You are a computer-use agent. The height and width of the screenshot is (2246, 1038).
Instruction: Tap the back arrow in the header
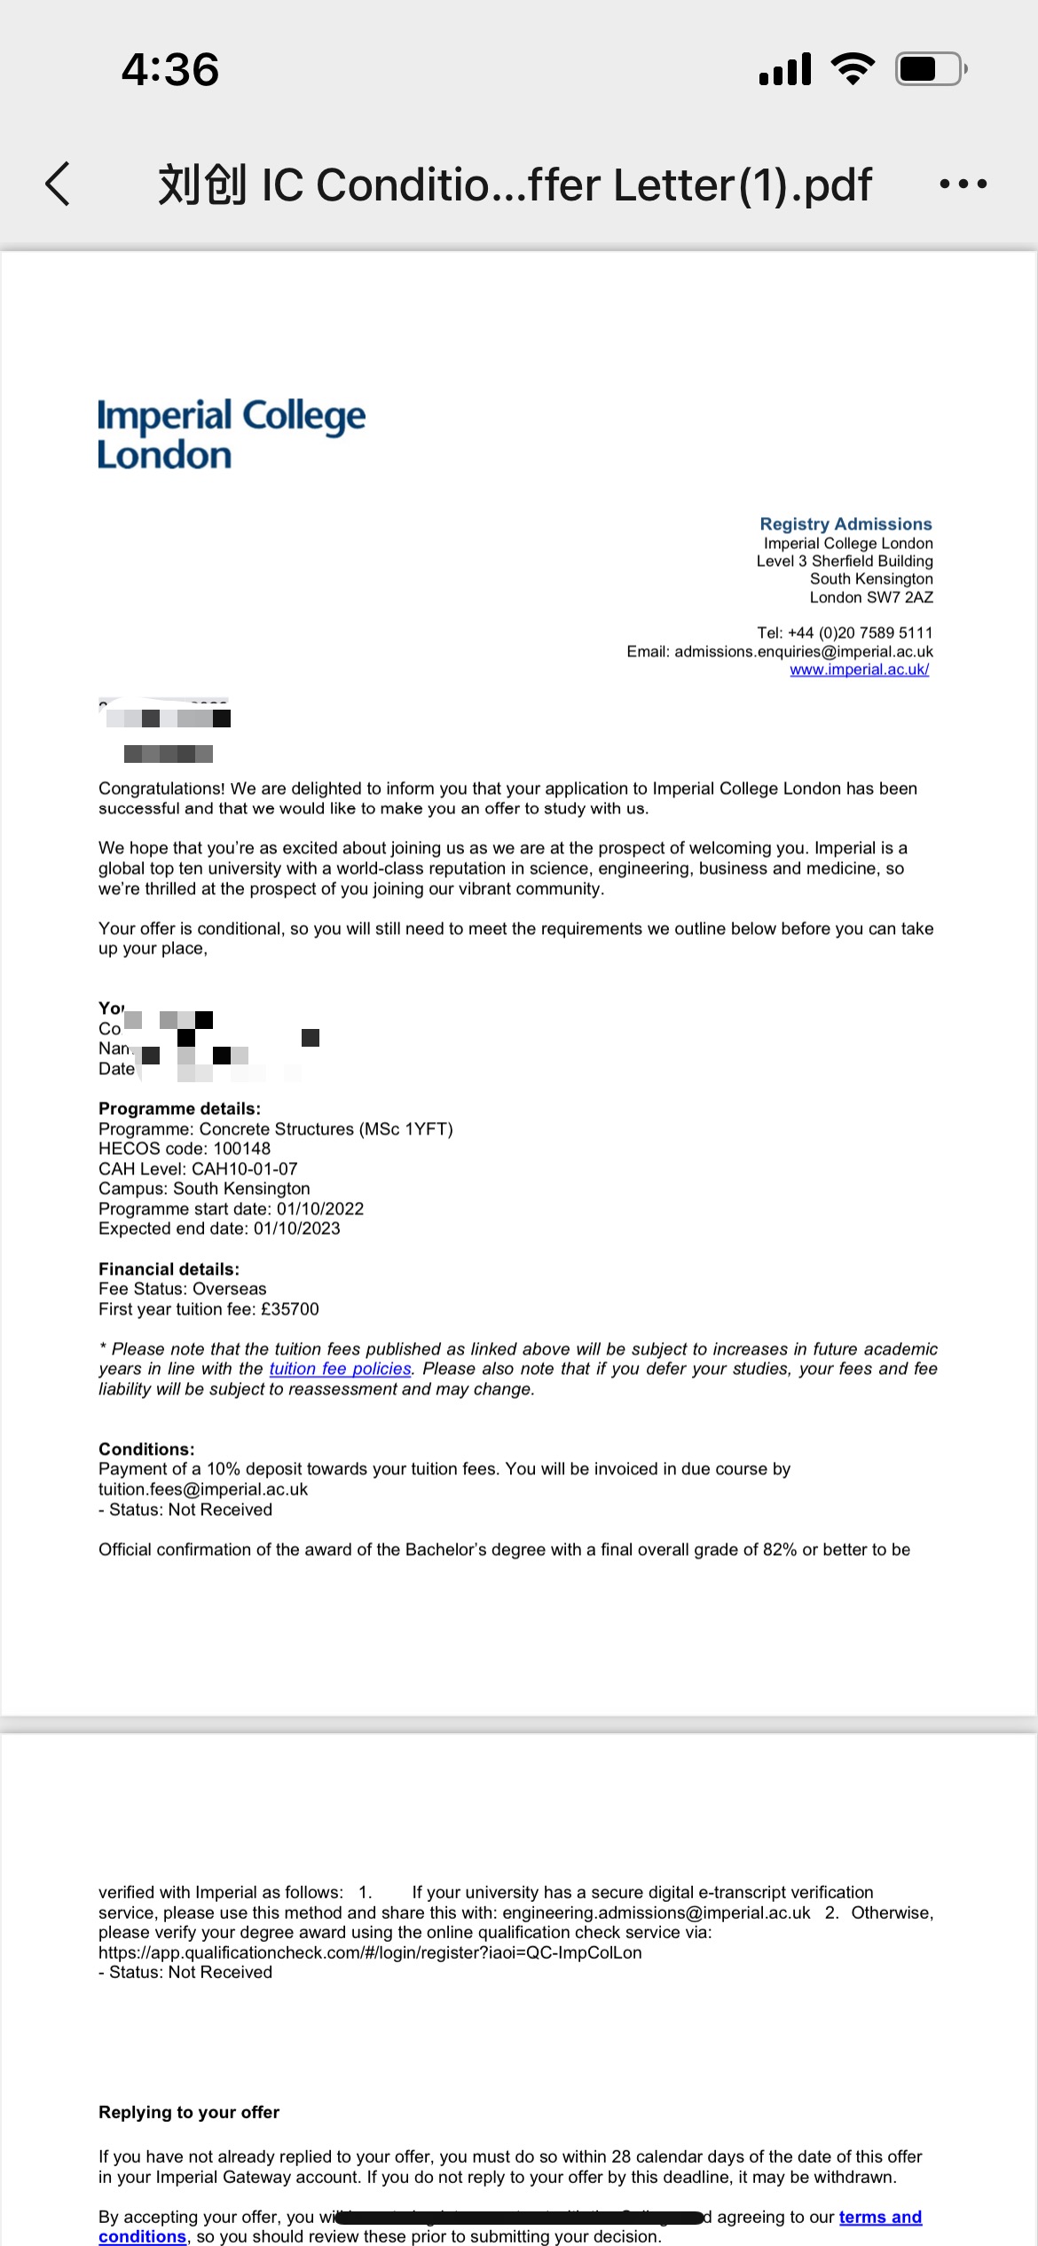pos(58,184)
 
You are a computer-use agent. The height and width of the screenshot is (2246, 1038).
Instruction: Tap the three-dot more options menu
pos(963,184)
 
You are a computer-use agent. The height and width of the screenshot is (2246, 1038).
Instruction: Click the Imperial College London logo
pos(231,434)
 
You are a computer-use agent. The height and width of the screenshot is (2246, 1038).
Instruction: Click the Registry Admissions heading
pos(845,524)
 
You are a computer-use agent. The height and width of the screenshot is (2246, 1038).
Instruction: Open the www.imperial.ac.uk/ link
pos(859,670)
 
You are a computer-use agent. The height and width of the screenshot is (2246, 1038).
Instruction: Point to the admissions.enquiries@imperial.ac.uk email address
pos(803,652)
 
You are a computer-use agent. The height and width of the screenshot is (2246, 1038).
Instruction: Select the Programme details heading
pos(179,1109)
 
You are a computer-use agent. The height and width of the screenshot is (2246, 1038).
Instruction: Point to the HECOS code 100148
pos(241,1149)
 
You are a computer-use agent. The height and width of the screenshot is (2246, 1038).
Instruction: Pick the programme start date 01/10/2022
pos(319,1209)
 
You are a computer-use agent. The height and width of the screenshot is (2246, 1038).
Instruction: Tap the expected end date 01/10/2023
pos(296,1229)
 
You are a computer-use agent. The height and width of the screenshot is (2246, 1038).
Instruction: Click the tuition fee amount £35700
pos(289,1309)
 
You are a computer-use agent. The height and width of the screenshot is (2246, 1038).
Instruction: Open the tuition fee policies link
pos(340,1370)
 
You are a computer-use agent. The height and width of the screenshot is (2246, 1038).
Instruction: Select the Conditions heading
pos(146,1449)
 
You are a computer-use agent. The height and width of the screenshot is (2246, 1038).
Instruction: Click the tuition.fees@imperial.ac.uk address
pos(203,1490)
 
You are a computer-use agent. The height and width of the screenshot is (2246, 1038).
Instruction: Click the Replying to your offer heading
pos(189,2112)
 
